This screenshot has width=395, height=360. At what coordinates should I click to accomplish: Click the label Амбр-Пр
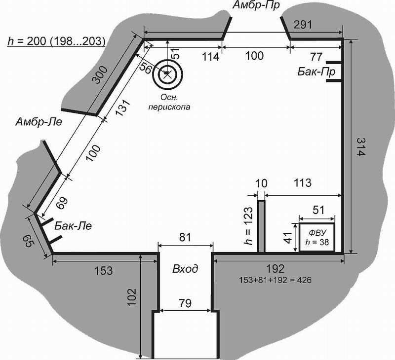(256, 5)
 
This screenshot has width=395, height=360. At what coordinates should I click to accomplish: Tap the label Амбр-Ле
(39, 122)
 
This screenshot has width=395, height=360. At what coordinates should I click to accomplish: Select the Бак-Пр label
(316, 72)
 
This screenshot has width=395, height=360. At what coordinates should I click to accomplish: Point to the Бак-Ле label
(73, 226)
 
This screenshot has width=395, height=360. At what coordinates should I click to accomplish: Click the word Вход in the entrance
(185, 269)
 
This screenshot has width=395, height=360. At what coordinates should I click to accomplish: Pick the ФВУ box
(317, 237)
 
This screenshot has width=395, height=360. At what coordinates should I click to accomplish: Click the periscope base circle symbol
(167, 74)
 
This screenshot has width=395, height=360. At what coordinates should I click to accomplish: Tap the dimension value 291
(303, 25)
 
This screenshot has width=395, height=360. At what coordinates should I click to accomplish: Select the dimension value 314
(360, 147)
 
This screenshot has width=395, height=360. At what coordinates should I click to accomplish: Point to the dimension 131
(122, 108)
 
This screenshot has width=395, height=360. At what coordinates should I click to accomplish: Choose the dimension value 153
(104, 271)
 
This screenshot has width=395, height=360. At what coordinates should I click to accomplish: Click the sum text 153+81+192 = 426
(276, 280)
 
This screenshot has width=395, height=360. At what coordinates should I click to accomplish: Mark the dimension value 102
(132, 297)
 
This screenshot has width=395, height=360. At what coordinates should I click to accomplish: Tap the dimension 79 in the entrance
(185, 303)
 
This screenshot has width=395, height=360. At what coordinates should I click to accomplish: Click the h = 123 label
(248, 226)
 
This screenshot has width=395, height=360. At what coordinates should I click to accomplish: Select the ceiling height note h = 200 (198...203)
(56, 41)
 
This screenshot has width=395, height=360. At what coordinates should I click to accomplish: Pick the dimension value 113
(303, 182)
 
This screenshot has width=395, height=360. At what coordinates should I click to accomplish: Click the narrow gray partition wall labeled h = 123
(261, 226)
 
